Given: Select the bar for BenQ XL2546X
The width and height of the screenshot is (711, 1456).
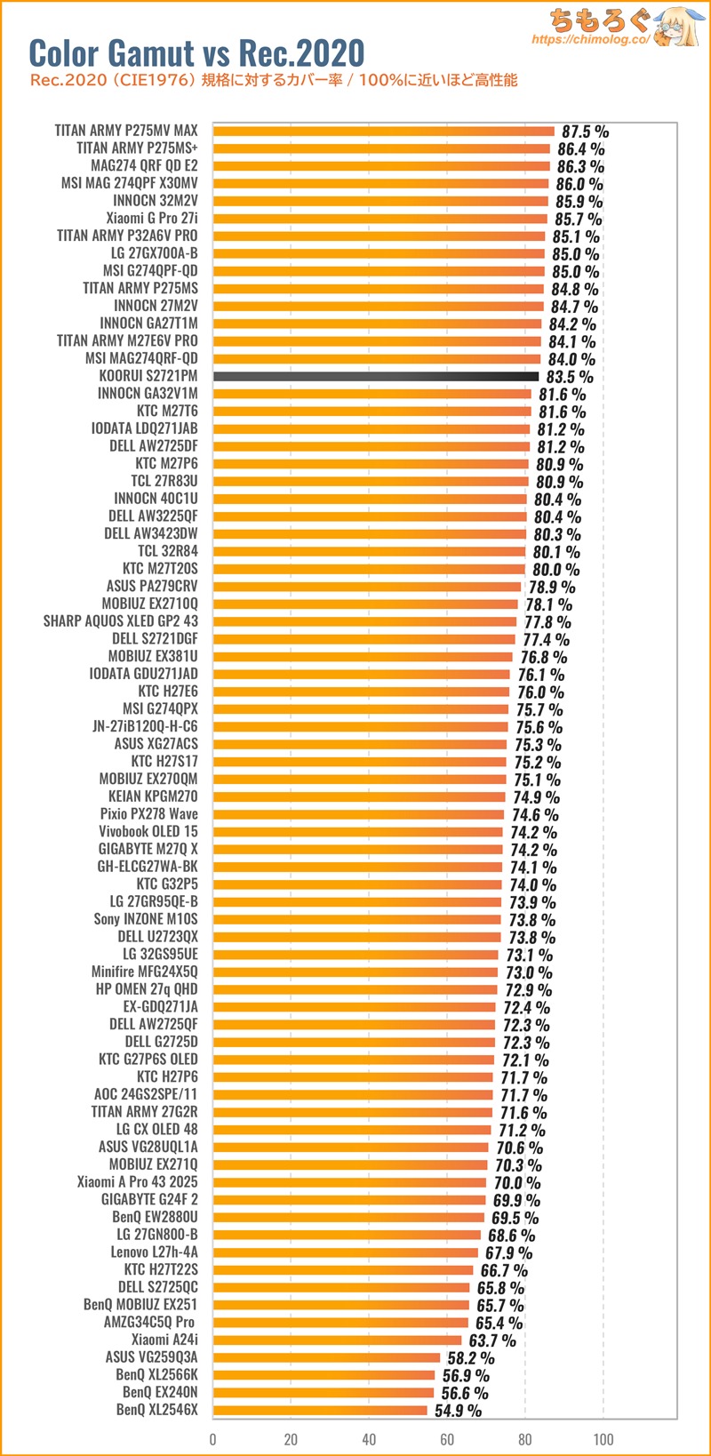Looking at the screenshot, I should point(320,1410).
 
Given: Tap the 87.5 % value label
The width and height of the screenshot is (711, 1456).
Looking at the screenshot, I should point(585,132).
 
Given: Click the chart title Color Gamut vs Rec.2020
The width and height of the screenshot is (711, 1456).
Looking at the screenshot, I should point(196,53).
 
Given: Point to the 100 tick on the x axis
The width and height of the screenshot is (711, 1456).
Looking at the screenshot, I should point(603,1439).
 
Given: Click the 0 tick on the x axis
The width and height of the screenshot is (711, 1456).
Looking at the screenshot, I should point(213,1439).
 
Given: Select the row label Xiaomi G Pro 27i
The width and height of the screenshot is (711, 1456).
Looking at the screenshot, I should point(152,218).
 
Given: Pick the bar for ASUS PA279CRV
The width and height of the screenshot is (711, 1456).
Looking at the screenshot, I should point(367,586).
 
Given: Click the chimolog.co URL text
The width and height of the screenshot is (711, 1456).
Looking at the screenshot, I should point(591,40).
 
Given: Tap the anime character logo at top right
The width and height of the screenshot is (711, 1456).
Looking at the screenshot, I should point(680,27).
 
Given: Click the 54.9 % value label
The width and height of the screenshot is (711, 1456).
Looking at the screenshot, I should point(458,1411).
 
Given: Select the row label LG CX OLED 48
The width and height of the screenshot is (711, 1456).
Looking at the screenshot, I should point(156,1129).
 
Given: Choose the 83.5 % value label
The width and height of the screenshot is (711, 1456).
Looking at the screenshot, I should point(570,377).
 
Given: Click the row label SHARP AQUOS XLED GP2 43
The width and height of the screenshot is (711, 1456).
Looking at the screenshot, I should point(121,620).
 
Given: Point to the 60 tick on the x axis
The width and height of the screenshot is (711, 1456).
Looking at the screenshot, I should point(447,1439).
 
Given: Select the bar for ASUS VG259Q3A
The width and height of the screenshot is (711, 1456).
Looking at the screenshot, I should point(327,1357).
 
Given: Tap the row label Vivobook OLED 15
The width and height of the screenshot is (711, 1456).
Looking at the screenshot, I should point(148,831).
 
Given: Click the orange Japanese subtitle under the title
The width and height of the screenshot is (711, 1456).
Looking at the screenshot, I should point(274,81).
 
